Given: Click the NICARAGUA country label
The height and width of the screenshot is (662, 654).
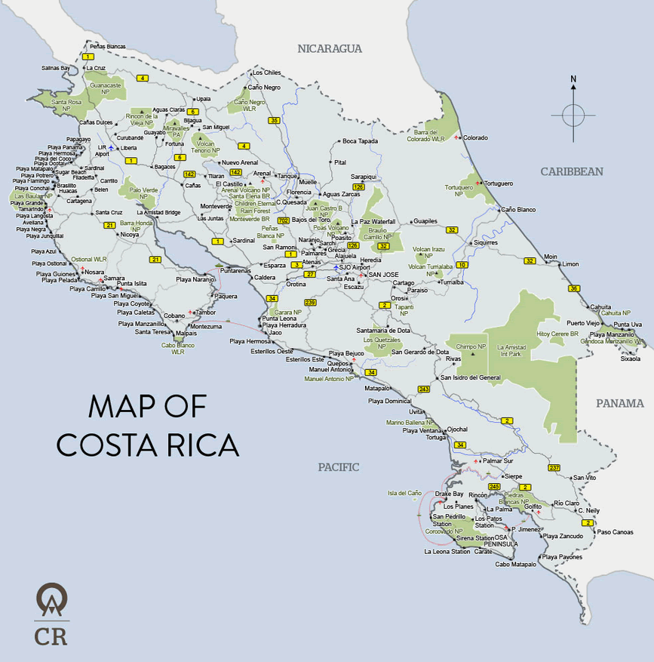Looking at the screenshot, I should pyautogui.click(x=330, y=48).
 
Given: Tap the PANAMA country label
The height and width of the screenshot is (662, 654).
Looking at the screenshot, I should pyautogui.click(x=620, y=403).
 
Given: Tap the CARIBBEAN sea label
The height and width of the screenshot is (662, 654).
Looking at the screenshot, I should pyautogui.click(x=571, y=171).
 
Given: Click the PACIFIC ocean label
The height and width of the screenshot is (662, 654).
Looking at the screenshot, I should pyautogui.click(x=338, y=466).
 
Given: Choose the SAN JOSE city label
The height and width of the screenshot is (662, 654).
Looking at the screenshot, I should pyautogui.click(x=383, y=274).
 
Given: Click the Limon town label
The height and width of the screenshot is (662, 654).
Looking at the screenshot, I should pyautogui.click(x=570, y=264).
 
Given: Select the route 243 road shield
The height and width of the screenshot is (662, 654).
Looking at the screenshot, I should pyautogui.click(x=424, y=390).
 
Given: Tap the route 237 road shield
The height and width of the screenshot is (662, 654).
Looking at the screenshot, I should pyautogui.click(x=554, y=468).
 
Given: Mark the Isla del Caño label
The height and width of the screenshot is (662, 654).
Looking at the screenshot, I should pyautogui.click(x=404, y=493).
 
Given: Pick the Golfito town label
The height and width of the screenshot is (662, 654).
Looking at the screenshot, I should pyautogui.click(x=533, y=507).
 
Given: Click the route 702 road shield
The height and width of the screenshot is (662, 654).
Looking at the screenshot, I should pyautogui.click(x=284, y=220).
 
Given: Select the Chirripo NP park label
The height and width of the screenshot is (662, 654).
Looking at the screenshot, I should pyautogui.click(x=471, y=346).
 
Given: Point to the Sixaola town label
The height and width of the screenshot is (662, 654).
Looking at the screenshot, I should pyautogui.click(x=630, y=359).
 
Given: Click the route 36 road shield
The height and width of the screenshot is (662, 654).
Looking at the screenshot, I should pyautogui.click(x=574, y=288).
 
